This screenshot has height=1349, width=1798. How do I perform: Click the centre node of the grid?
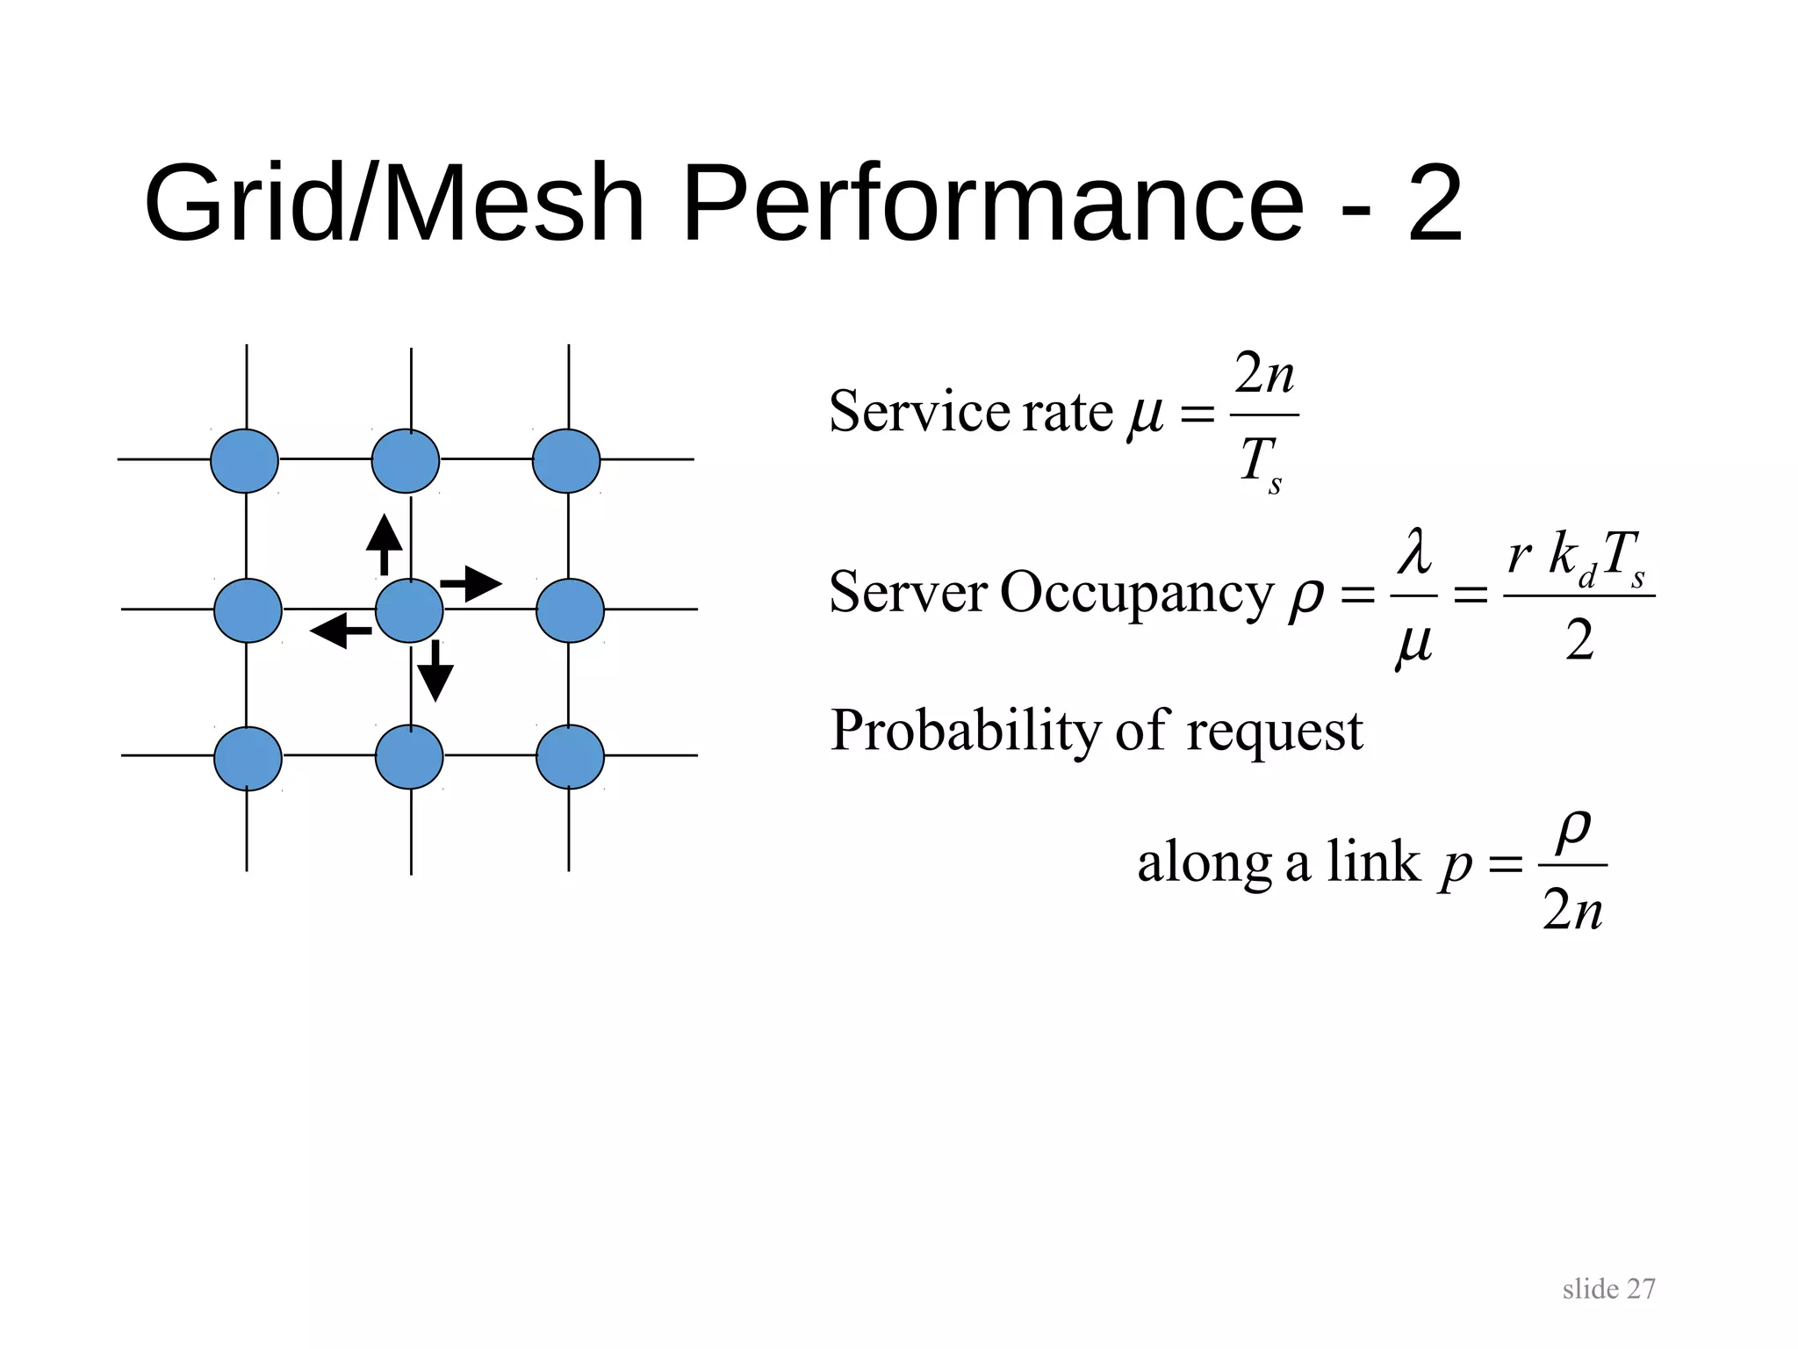(x=409, y=610)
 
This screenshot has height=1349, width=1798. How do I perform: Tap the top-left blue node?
(x=244, y=460)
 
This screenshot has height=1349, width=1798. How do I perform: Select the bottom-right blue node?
(x=570, y=757)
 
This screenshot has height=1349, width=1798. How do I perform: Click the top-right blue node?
(x=566, y=460)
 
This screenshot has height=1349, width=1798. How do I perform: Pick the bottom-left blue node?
(x=248, y=759)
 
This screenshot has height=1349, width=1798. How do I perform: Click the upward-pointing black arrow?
(x=384, y=545)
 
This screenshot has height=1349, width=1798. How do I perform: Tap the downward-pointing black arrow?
(x=435, y=671)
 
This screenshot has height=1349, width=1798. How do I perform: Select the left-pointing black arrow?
(x=341, y=631)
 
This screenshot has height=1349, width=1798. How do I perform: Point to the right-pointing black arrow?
(x=471, y=584)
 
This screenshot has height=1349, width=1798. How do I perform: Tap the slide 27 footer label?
(x=1608, y=1289)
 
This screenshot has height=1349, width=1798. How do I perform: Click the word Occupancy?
(x=1136, y=593)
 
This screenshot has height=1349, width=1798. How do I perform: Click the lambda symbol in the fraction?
(x=1414, y=552)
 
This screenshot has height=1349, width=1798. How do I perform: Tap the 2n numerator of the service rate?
(x=1264, y=374)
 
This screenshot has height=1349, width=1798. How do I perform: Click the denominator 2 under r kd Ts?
(x=1579, y=640)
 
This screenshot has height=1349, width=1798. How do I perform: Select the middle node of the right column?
(x=570, y=610)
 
